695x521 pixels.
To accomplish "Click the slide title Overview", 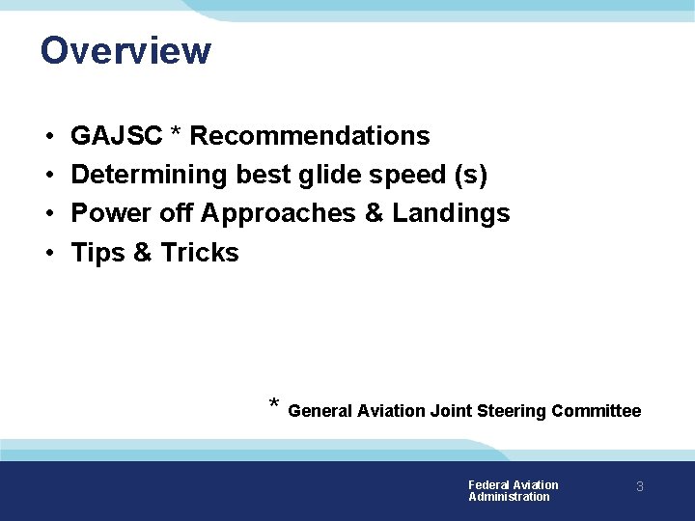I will click(125, 50).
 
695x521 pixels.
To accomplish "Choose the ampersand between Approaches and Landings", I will click(375, 213).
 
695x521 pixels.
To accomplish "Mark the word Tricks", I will click(199, 253).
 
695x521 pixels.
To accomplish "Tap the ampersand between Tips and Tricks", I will click(143, 253).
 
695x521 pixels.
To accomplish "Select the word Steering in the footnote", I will click(510, 411).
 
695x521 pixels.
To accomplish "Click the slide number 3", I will click(639, 487).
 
